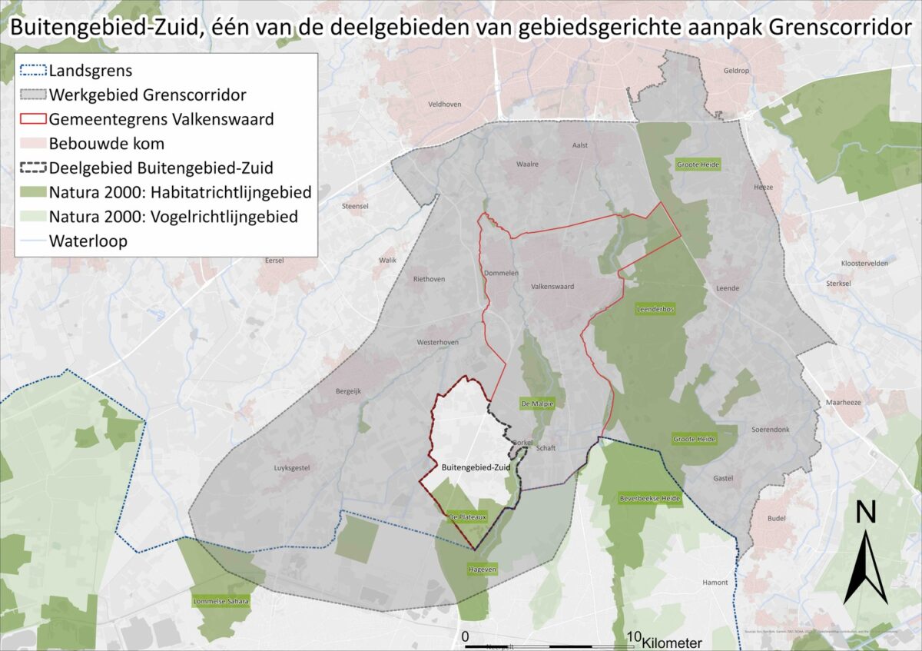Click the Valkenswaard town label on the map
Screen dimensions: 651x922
click(552, 287)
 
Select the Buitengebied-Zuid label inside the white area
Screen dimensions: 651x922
click(476, 467)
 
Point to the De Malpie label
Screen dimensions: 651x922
click(537, 404)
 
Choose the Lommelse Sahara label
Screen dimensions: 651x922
click(222, 601)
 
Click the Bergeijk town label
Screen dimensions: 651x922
click(348, 391)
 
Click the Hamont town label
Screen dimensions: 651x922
click(715, 583)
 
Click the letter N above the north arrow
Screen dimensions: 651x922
click(866, 512)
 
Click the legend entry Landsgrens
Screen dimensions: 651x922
click(91, 71)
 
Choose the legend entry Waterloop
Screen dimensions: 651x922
click(88, 241)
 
